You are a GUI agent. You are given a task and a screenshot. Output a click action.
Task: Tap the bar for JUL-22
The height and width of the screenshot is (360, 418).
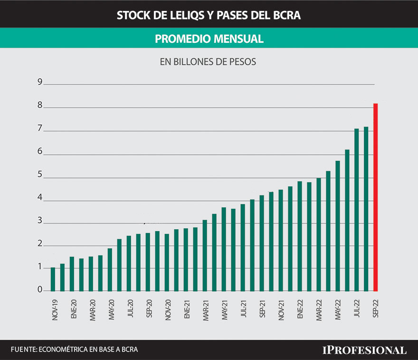click(356, 210)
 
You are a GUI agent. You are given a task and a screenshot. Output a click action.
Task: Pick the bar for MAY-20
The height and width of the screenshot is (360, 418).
click(110, 269)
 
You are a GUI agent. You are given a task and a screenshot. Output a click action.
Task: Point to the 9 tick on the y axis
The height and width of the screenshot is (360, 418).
click(40, 82)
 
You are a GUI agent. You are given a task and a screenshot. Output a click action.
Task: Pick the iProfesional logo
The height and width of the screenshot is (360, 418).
click(364, 350)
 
